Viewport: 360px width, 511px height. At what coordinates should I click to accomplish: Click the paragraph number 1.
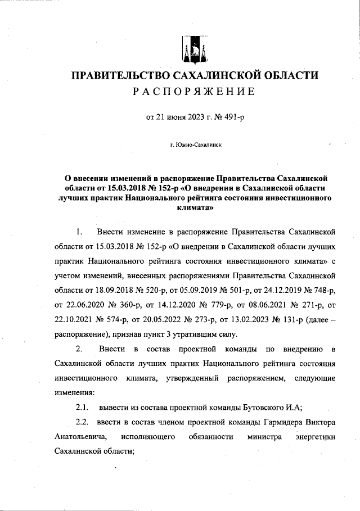79,232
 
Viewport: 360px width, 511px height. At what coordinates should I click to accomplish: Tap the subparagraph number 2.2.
83,422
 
